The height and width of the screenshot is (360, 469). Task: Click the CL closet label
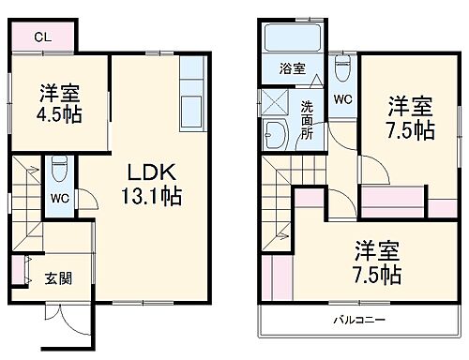(x=42, y=37)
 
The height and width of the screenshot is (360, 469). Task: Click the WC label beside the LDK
(x=57, y=199)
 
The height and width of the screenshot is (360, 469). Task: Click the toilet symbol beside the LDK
(x=58, y=168)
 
